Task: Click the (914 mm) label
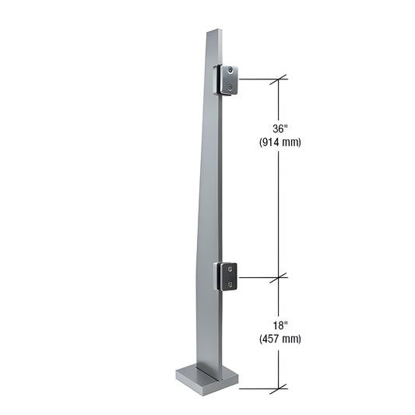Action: pyautogui.click(x=279, y=142)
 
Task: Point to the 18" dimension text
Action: pyautogui.click(x=279, y=326)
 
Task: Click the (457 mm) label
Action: pyautogui.click(x=279, y=339)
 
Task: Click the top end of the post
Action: pyautogui.click(x=215, y=33)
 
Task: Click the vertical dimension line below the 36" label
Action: pyautogui.click(x=280, y=210)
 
